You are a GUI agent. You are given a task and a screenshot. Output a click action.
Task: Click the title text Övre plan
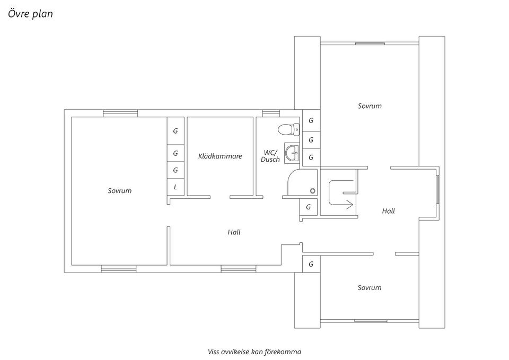pos(30,14)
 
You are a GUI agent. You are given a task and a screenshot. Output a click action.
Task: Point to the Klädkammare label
pos(220,156)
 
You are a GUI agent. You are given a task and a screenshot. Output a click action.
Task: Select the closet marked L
pos(176,187)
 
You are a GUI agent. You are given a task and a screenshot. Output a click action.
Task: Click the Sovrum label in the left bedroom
pos(119,190)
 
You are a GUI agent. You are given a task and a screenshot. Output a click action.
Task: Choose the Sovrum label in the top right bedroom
pos(370,106)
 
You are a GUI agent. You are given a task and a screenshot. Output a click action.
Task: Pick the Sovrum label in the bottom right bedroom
pos(369,287)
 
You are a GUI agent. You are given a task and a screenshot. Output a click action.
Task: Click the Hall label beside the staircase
pos(388,211)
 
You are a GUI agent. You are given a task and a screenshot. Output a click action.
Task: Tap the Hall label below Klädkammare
pos(234,232)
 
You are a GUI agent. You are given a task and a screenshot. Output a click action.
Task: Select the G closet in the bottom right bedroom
pos(311,264)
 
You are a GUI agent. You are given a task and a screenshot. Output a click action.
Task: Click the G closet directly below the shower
pos(308,207)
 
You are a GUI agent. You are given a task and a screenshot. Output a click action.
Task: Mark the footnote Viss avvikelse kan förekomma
pos(254,351)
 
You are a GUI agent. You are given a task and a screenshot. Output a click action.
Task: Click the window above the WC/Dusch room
pos(271,112)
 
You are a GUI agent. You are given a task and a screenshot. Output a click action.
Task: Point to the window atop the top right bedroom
pos(370,43)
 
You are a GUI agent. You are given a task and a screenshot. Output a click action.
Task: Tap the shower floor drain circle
pos(313,190)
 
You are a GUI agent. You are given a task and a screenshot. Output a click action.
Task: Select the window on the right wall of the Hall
pos(437,190)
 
